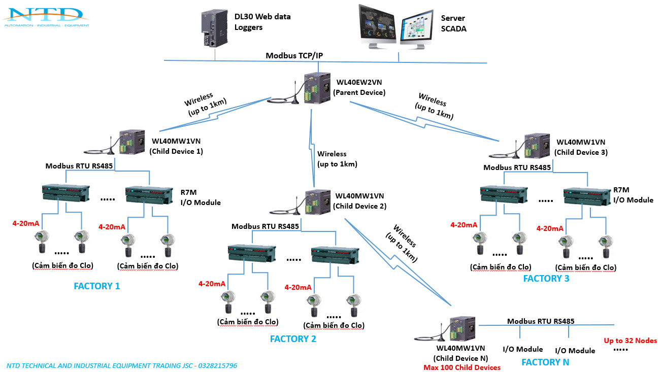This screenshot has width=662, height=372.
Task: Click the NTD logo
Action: pyautogui.click(x=46, y=17)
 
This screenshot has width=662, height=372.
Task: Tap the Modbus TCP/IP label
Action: pyautogui.click(x=294, y=54)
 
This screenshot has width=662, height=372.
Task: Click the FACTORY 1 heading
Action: pyautogui.click(x=97, y=286)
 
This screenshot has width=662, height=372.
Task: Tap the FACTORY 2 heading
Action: pyautogui.click(x=293, y=339)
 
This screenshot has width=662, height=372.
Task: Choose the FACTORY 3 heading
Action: pyautogui.click(x=546, y=279)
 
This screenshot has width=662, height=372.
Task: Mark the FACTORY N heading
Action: pyautogui.click(x=545, y=362)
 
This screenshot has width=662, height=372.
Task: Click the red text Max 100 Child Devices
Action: pyautogui.click(x=462, y=367)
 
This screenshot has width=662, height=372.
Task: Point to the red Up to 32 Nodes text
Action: pyautogui.click(x=630, y=341)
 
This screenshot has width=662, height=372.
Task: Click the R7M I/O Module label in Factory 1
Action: pyautogui.click(x=201, y=197)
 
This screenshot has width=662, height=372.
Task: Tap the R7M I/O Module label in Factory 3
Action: pyautogui.click(x=633, y=195)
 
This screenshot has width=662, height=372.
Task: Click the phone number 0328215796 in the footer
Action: pyautogui.click(x=218, y=365)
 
